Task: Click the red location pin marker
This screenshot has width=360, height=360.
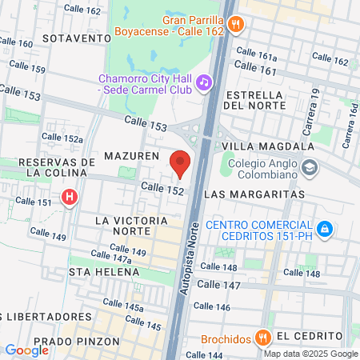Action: pos(181,162)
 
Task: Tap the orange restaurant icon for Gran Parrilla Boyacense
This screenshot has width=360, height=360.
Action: pos(234,24)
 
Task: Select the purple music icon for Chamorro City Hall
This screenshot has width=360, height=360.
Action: pos(204,82)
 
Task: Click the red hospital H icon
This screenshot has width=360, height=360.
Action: pos(70,196)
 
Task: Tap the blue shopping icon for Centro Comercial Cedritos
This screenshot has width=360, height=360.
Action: pos(324,230)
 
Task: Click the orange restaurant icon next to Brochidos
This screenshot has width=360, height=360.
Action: pos(261,338)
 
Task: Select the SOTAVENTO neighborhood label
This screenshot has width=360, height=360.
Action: pos(76,38)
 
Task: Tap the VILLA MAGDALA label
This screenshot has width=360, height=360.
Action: pos(268,146)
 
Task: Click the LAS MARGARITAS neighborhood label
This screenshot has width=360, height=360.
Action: pos(254,194)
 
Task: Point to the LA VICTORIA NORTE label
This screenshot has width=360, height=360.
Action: pos(122,225)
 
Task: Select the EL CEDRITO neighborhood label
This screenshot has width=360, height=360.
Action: pos(310,335)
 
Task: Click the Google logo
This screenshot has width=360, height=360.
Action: pos(26,350)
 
